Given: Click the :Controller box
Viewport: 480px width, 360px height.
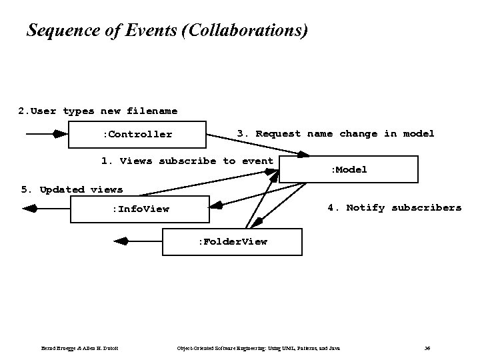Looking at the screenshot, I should [x=138, y=135].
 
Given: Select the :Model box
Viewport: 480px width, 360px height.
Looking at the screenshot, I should [x=348, y=169].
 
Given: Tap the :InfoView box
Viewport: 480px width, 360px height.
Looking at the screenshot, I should [x=140, y=209].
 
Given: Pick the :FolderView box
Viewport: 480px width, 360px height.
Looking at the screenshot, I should [x=232, y=241].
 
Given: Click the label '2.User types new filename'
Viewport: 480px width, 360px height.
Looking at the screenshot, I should [x=98, y=111].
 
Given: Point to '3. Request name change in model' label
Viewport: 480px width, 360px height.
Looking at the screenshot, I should [x=335, y=134].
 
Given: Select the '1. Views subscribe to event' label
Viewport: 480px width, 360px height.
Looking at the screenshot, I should [x=187, y=161].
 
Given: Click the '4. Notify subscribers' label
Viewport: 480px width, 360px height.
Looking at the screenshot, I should [x=394, y=208].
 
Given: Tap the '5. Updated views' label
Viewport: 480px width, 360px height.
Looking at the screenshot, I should [x=72, y=189].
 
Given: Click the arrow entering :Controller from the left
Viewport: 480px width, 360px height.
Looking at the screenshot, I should [x=47, y=134].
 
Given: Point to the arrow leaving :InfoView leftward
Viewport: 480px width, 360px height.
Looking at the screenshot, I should [x=47, y=209].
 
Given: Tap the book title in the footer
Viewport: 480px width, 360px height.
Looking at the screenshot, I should [x=258, y=348].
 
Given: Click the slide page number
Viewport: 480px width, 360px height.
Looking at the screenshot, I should [x=427, y=348].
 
